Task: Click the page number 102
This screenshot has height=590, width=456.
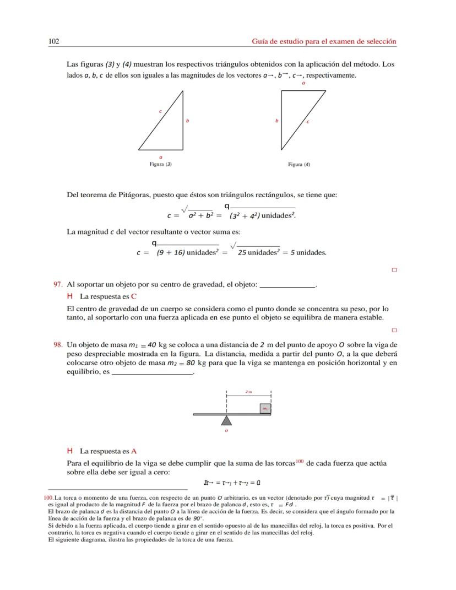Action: pos(54,41)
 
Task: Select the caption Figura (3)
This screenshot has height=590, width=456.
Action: pos(160,164)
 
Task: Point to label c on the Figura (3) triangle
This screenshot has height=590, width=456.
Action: pos(160,111)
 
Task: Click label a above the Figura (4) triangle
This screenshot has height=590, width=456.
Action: pos(303,83)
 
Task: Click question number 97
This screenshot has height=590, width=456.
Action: pos(57,284)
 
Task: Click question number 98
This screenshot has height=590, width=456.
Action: pos(57,344)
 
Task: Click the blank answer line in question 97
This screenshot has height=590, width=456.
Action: pos(287,285)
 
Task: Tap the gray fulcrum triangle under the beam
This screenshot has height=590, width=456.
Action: pos(226,420)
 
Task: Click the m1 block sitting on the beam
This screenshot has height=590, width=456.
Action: pos(265,408)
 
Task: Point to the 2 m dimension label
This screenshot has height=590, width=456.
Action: pos(248,392)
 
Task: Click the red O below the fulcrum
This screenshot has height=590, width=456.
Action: pos(226,431)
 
